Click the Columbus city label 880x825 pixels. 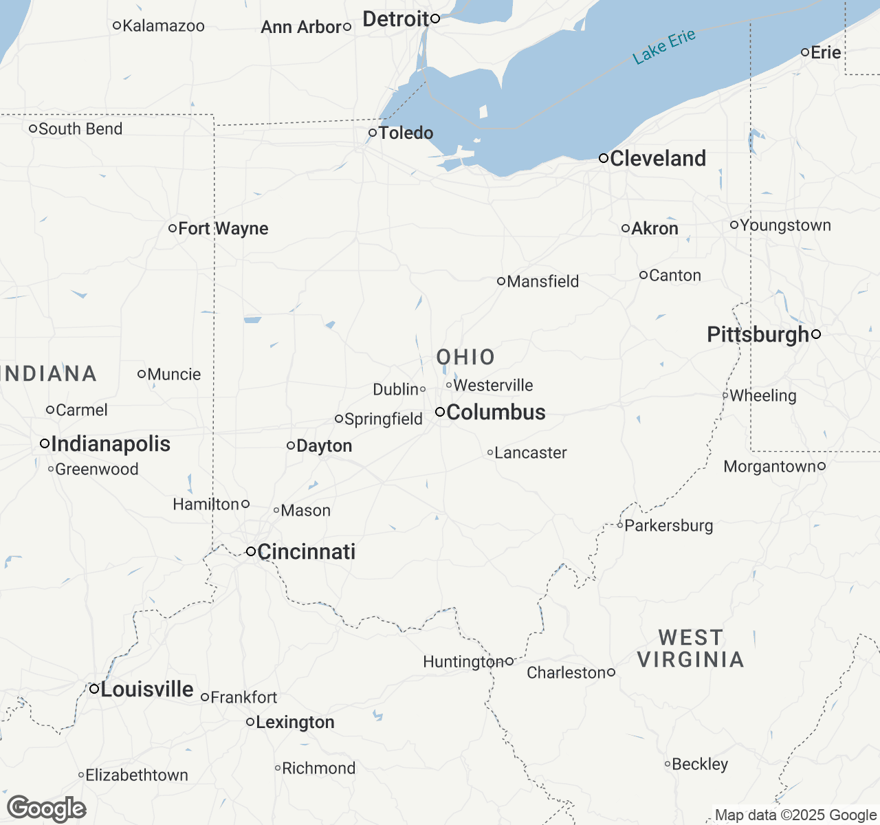[496, 412]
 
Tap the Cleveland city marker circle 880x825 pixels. [604, 158]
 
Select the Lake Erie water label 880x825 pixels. [664, 47]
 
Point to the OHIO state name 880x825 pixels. [466, 357]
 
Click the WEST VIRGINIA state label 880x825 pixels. [690, 648]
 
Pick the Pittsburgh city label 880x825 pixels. [758, 335]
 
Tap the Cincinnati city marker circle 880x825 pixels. [251, 551]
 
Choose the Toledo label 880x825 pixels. [406, 133]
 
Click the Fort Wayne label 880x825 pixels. [223, 228]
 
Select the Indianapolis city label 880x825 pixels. [111, 444]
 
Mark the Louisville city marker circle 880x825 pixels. [94, 688]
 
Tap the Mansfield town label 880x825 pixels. [542, 281]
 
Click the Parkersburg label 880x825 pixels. [668, 525]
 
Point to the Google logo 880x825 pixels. [47, 808]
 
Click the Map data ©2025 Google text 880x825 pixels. [795, 815]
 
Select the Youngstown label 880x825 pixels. [785, 225]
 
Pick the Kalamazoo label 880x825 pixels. [163, 26]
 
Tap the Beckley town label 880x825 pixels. [700, 764]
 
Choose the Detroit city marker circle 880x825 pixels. [435, 19]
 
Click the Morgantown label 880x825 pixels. [769, 467]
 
